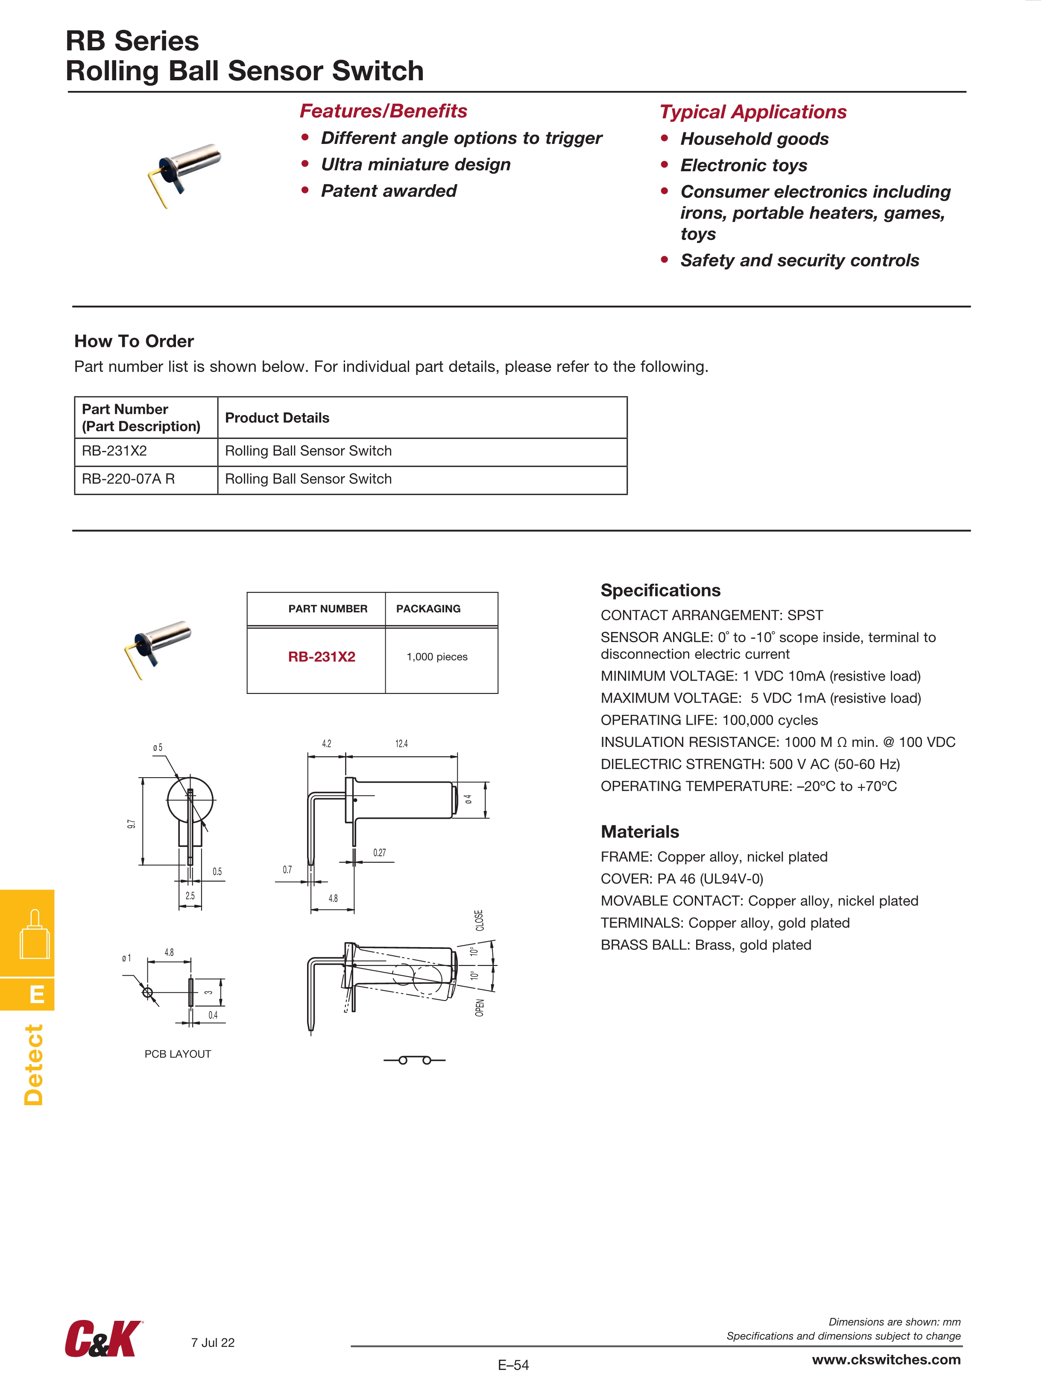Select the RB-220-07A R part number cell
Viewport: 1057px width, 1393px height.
(x=129, y=479)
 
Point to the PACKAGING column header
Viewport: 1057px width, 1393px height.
(x=428, y=609)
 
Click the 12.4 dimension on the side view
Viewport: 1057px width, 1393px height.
(x=401, y=744)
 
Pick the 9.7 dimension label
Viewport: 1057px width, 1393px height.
(x=131, y=824)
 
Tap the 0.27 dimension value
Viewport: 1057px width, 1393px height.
(x=379, y=853)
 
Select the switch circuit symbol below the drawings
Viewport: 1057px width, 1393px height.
(x=415, y=1060)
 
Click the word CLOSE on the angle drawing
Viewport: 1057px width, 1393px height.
(x=479, y=920)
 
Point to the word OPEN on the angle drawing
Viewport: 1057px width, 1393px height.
(x=479, y=1007)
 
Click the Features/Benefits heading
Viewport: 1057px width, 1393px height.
(x=383, y=111)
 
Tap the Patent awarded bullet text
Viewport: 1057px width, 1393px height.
(x=389, y=191)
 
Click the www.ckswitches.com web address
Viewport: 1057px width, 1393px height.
(x=886, y=1360)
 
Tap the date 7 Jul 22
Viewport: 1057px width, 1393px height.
(x=213, y=1343)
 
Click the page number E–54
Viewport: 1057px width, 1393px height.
(x=513, y=1365)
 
